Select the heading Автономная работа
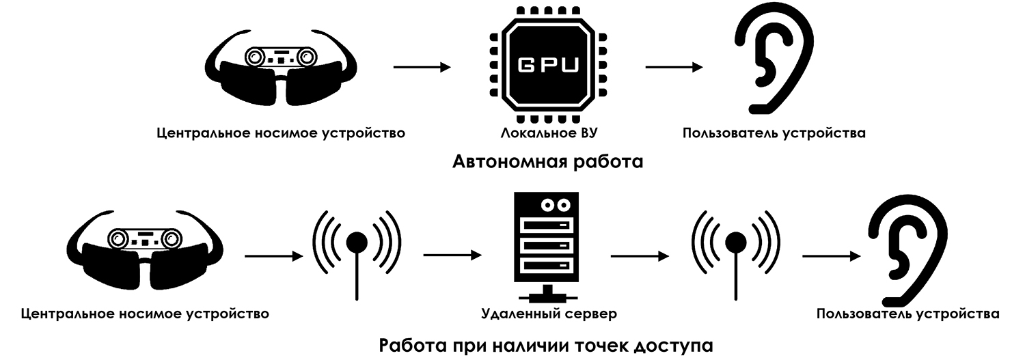548,163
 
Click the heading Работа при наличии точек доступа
546,344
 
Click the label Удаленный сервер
549,314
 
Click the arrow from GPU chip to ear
674,67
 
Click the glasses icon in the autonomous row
280,68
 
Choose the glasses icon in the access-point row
146,249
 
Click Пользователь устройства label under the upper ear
774,133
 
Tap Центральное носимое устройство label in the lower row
145,314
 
